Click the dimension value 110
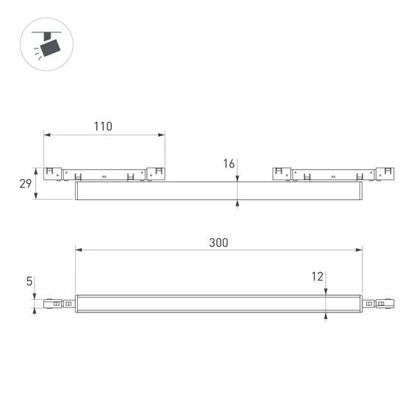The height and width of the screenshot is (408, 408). click(x=103, y=126)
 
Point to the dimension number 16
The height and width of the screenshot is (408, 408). click(x=229, y=164)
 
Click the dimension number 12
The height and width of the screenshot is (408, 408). click(x=317, y=276)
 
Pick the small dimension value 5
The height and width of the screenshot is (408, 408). click(x=29, y=281)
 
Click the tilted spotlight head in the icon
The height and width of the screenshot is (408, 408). click(x=51, y=47)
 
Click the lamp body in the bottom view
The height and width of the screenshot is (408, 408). click(x=218, y=304)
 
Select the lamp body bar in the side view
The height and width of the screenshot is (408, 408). click(x=218, y=191)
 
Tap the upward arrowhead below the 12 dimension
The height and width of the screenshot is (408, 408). click(x=326, y=317)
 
